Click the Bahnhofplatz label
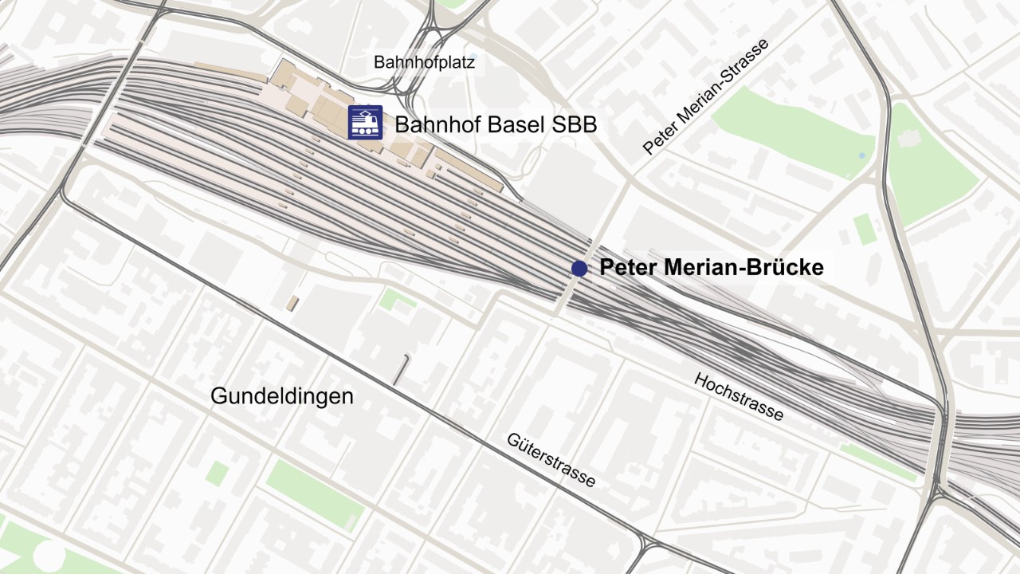coord(424,62)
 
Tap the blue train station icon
coord(365,123)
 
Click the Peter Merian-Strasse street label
coord(706,96)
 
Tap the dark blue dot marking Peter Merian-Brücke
coord(579,269)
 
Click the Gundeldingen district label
coord(281,396)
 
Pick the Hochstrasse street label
coord(739,396)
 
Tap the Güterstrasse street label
coord(551,460)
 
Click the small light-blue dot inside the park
coord(861,154)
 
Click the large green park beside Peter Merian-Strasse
coord(789,132)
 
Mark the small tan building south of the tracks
coord(293,304)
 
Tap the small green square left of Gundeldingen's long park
coord(217,473)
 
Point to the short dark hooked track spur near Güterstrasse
coord(401,369)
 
